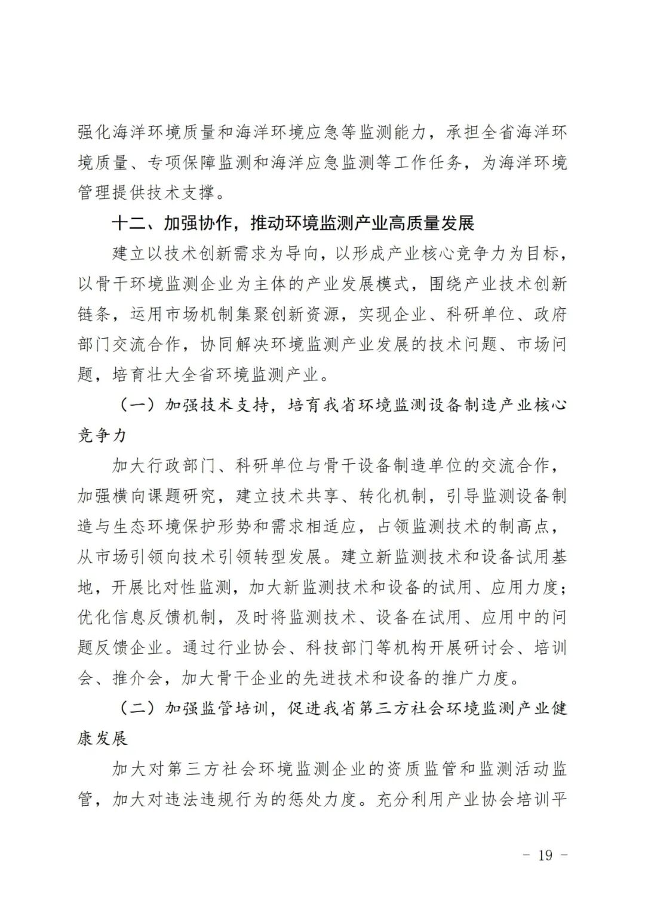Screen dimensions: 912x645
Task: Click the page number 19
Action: pos(545,855)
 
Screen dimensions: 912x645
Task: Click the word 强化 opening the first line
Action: pos(95,132)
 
